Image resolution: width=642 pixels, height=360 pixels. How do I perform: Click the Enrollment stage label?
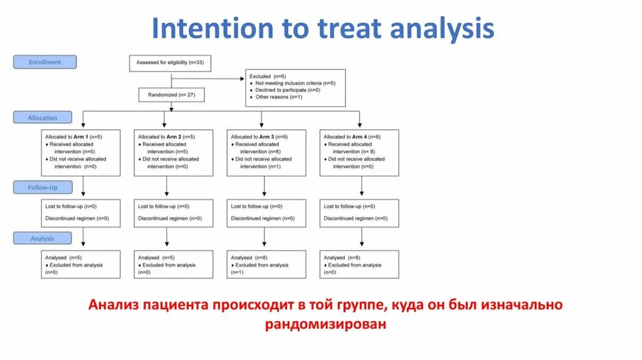tap(45, 62)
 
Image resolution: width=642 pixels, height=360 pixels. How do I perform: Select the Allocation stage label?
tap(43, 117)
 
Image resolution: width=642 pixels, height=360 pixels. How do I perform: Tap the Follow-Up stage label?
tap(43, 188)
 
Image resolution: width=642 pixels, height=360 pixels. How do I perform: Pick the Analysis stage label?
tap(43, 238)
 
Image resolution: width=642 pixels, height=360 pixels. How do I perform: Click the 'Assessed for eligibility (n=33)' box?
tap(171, 63)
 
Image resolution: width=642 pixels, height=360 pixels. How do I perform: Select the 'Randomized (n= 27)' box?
tap(171, 94)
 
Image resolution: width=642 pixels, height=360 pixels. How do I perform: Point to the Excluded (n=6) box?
tap(295, 87)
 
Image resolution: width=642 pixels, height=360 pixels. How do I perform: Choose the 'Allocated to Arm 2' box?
tap(174, 152)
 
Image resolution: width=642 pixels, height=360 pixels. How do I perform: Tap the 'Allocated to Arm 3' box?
tap(266, 152)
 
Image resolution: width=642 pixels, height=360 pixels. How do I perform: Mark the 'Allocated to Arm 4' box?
tap(359, 152)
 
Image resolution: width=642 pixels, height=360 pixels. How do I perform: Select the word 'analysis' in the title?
tap(443, 29)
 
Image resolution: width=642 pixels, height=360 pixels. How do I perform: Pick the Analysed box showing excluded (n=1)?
tap(266, 265)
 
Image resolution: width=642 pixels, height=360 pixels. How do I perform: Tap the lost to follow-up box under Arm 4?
tap(359, 213)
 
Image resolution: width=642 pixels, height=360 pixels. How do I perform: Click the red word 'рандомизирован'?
tap(325, 324)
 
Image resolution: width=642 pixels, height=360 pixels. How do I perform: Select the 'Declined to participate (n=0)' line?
tap(288, 90)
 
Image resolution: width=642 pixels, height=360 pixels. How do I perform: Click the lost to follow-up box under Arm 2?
tap(174, 213)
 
